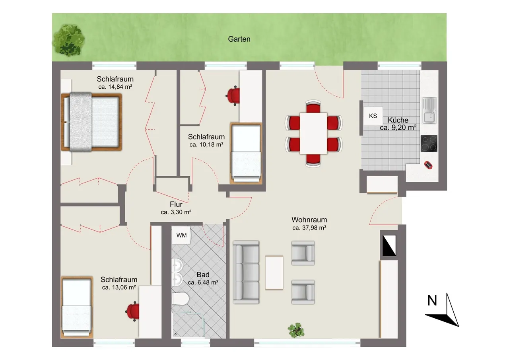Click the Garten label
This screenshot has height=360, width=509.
[x=239, y=39]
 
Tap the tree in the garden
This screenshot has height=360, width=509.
[x=69, y=41]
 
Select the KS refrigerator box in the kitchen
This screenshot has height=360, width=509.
[x=373, y=116]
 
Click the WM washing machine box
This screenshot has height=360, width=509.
[x=181, y=235]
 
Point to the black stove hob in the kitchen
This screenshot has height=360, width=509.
[x=429, y=144]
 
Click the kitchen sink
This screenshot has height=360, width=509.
[x=429, y=110]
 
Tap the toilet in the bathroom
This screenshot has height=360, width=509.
[x=181, y=298]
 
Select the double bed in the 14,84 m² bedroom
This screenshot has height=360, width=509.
[x=91, y=122]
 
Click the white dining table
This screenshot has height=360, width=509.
[x=313, y=133]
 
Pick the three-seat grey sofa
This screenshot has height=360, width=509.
[x=246, y=272]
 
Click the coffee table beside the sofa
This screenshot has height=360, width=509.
[x=274, y=273]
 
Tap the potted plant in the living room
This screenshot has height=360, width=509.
[x=296, y=330]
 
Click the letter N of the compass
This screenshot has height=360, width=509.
[x=432, y=300]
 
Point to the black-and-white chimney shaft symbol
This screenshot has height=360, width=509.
[x=389, y=245]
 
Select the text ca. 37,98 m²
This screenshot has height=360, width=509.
[x=309, y=228]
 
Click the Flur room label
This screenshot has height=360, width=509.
[x=176, y=204]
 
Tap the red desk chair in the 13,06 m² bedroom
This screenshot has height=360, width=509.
[x=132, y=311]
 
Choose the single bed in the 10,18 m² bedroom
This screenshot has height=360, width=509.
[x=246, y=153]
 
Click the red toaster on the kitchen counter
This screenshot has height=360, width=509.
[x=428, y=165]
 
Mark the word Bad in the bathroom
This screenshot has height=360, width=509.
[x=203, y=275]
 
